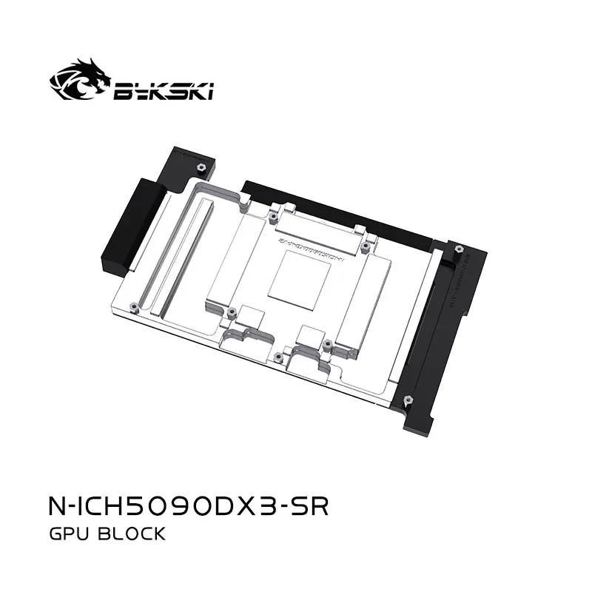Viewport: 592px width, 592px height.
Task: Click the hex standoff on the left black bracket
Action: pos(199,160)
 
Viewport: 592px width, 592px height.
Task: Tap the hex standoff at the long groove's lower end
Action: pos(135,305)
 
